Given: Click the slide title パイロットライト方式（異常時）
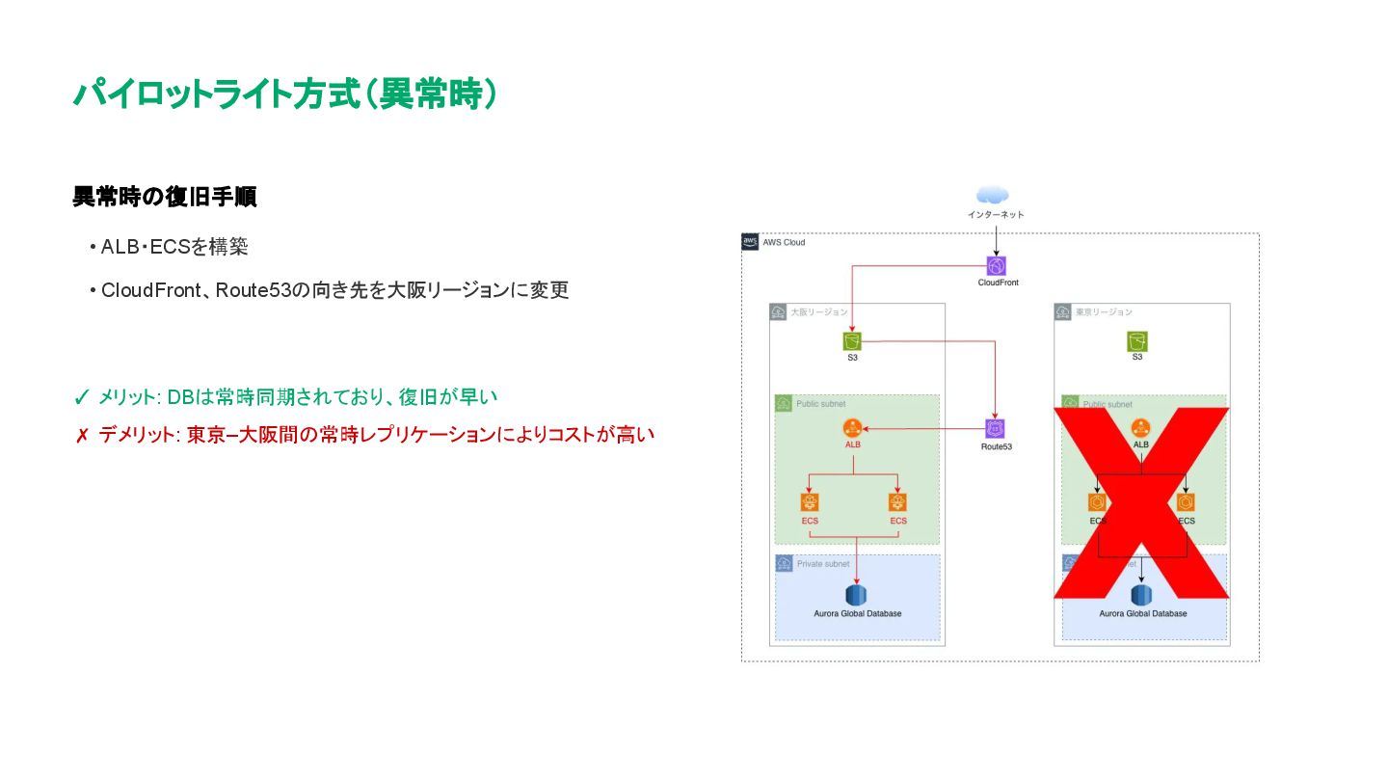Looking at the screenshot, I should pos(285,94).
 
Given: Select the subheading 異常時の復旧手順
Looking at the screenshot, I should pos(164,198).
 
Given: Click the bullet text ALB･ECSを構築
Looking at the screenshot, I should pos(174,247).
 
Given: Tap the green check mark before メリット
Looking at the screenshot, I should pos(82,397).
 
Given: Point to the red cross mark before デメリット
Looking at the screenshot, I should pos(82,436).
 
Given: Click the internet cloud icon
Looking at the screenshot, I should pos(993,196).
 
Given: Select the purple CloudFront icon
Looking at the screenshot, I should pos(997,266).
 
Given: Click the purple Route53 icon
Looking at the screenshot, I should pos(996,429).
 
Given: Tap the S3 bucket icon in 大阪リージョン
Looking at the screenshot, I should pos(852,341).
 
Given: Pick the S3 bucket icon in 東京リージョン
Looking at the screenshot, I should pos(1137,341).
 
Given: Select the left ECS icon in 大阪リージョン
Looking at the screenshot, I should pos(810,503).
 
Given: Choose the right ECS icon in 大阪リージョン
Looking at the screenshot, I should pos(898,503).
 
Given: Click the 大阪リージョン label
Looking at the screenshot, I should pos(818,312).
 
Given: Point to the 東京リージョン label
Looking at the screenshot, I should pos(1104,312).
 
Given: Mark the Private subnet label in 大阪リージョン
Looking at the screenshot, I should pos(822,563).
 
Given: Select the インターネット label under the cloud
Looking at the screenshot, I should pos(996,214).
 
